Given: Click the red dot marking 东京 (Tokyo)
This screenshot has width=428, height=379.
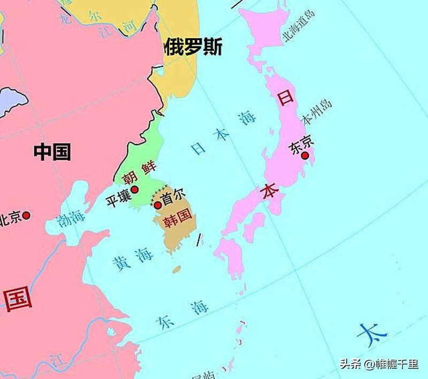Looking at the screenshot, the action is pyautogui.click(x=305, y=156).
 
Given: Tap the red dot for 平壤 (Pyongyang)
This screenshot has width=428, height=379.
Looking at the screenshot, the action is pyautogui.click(x=134, y=189).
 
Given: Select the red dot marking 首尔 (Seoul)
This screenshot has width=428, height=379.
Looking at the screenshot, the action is pyautogui.click(x=158, y=205).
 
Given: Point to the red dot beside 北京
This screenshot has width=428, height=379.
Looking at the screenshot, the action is pyautogui.click(x=26, y=215).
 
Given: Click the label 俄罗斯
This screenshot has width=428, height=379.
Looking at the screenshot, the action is pyautogui.click(x=193, y=47).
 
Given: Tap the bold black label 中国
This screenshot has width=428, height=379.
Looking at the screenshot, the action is pyautogui.click(x=52, y=151).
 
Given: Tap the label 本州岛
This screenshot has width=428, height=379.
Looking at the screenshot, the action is pyautogui.click(x=317, y=111).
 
